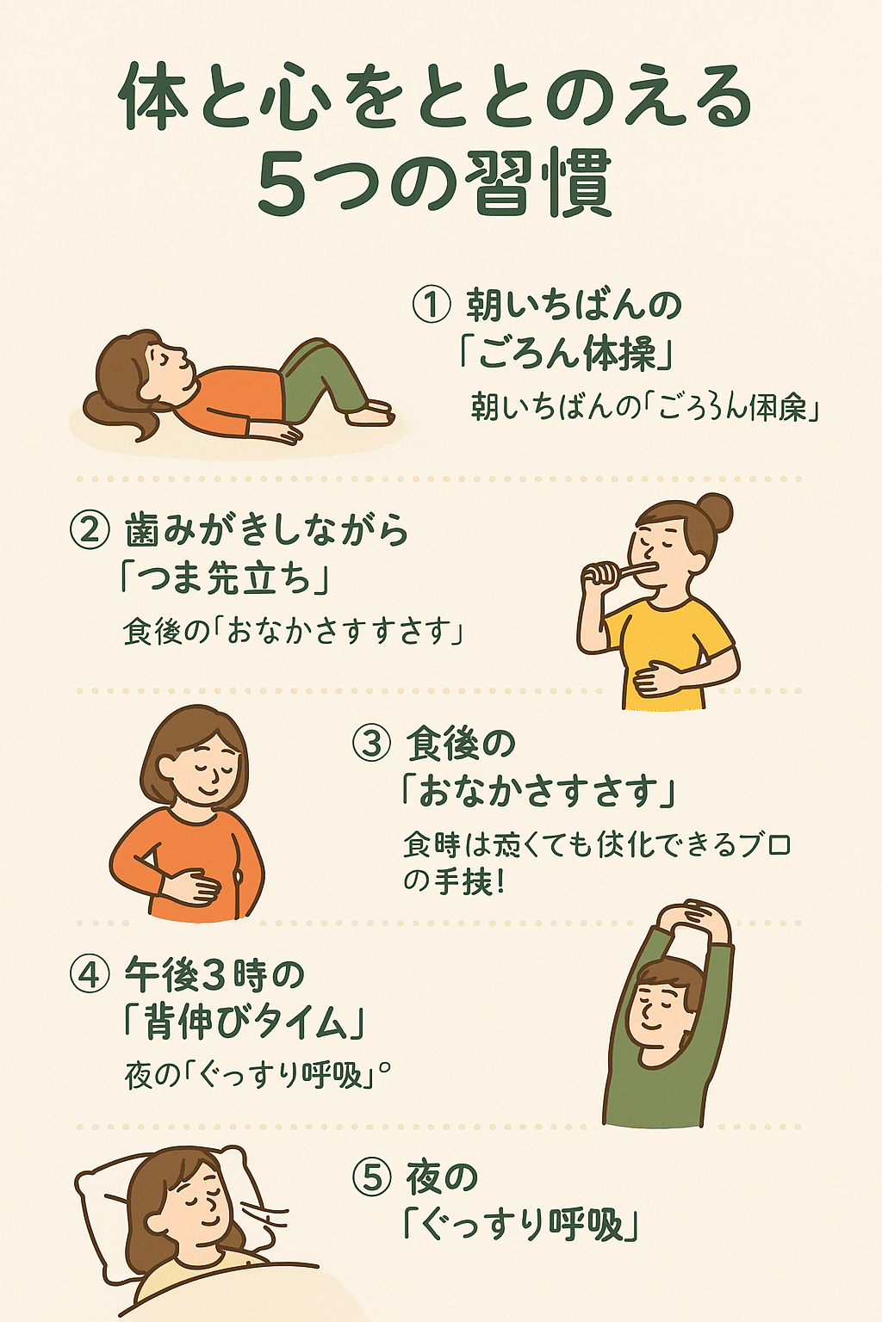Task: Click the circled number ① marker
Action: (x=432, y=305)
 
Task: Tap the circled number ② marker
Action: (x=90, y=529)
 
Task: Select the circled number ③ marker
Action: (x=372, y=743)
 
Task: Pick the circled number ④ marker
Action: (x=90, y=974)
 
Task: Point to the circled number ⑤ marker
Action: (x=372, y=1177)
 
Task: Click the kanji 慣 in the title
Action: (x=576, y=183)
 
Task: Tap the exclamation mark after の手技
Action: (x=500, y=882)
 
